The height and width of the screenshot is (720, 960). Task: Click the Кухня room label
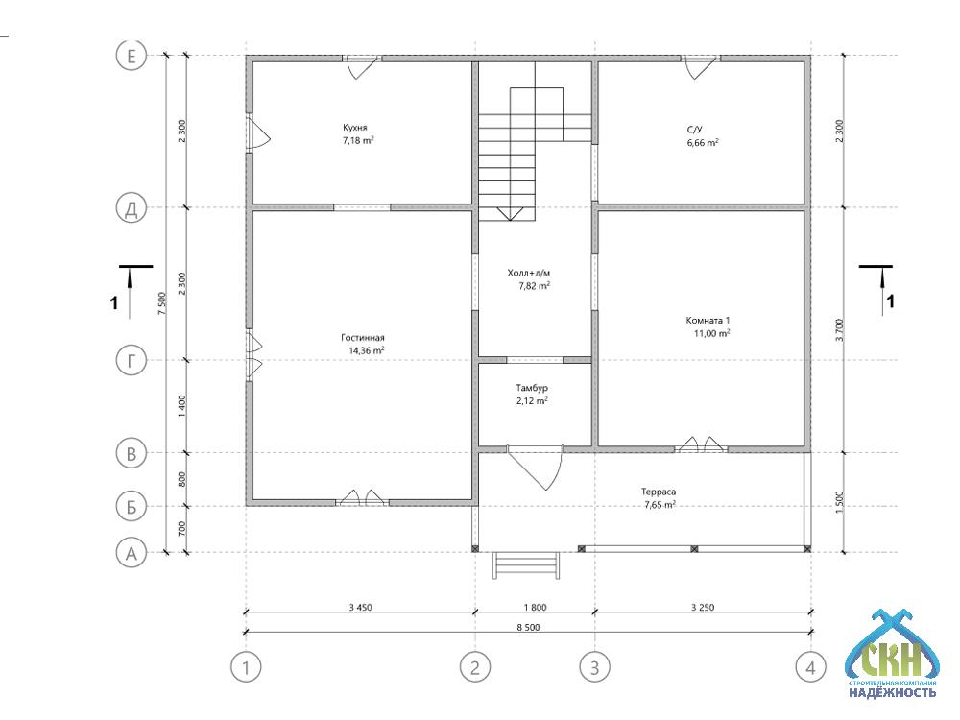(x=355, y=128)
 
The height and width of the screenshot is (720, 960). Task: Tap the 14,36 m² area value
(x=366, y=350)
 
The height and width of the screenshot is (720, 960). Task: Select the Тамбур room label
(x=532, y=388)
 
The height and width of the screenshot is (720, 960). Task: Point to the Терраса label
(x=659, y=492)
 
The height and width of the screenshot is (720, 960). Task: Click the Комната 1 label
(x=708, y=321)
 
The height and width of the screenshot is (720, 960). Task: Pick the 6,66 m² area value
(x=703, y=143)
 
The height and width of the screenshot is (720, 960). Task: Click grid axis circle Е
(x=131, y=57)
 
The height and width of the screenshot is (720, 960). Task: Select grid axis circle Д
(x=131, y=208)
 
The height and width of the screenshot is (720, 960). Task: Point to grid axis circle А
(x=131, y=554)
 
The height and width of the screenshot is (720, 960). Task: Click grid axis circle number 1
(x=246, y=667)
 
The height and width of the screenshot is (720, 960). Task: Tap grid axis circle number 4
(x=810, y=667)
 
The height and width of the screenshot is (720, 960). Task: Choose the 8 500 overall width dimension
(x=528, y=627)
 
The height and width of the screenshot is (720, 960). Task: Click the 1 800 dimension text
(x=535, y=608)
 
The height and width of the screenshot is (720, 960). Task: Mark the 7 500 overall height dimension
(x=161, y=303)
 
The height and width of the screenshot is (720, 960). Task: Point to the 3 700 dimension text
(x=839, y=330)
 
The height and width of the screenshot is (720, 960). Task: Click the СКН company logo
(x=892, y=654)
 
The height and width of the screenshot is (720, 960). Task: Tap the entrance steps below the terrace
(x=526, y=564)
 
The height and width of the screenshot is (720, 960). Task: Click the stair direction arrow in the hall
(x=510, y=214)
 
